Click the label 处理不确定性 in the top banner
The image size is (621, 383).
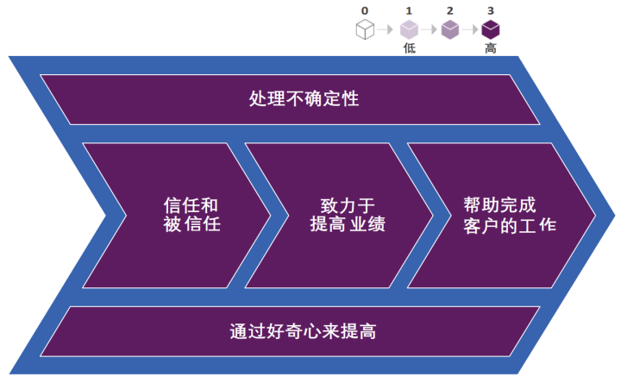[303, 98]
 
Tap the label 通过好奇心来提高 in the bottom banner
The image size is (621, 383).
[303, 331]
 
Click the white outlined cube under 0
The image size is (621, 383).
[365, 29]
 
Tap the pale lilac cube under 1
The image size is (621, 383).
[409, 29]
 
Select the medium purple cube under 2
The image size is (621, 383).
[449, 29]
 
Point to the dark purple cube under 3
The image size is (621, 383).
[491, 29]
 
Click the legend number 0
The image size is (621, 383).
[365, 10]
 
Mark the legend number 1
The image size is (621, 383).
[409, 10]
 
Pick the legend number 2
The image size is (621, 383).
[449, 10]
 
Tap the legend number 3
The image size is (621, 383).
[491, 10]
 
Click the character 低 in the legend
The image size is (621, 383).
[409, 48]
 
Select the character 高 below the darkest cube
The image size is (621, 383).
[491, 48]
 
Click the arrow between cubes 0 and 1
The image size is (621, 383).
[386, 30]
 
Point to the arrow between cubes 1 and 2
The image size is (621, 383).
[429, 30]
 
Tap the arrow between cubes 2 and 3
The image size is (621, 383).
[470, 30]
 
